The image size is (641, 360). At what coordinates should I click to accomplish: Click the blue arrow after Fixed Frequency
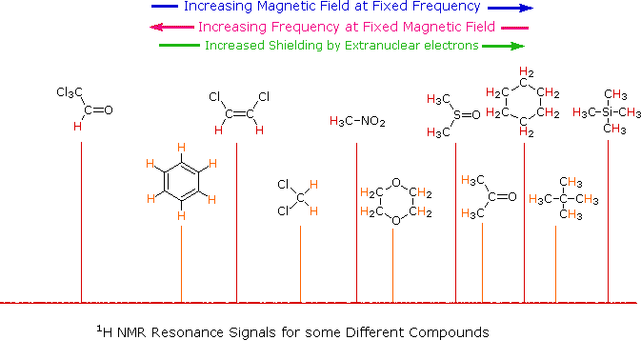tap(509, 8)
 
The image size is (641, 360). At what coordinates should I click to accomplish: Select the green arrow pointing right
tap(507, 45)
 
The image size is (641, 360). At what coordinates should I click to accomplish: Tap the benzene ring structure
tap(181, 181)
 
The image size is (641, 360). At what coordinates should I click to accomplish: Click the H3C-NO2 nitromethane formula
tap(357, 121)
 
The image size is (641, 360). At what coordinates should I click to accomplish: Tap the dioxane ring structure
tap(393, 206)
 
